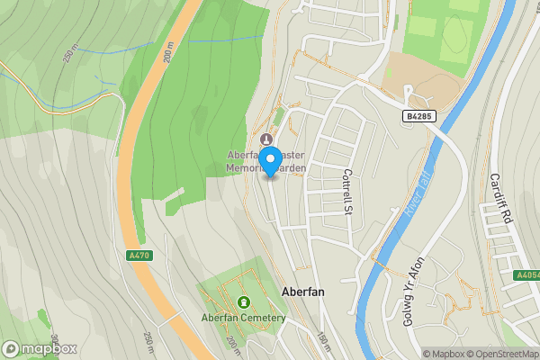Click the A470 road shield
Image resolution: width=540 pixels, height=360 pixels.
coord(139,256)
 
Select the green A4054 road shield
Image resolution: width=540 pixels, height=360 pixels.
coord(527,275)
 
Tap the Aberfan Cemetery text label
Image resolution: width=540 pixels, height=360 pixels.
coord(243,318)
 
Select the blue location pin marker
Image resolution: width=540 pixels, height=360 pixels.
coord(270,160)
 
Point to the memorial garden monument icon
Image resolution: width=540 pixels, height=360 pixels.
coord(265,139)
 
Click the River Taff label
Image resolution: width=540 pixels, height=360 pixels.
coord(419,193)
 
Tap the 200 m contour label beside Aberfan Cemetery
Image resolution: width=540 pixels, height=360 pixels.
coord(232,344)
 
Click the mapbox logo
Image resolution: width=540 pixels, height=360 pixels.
coord(40,348)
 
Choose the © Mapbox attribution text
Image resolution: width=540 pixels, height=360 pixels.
coord(444,354)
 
